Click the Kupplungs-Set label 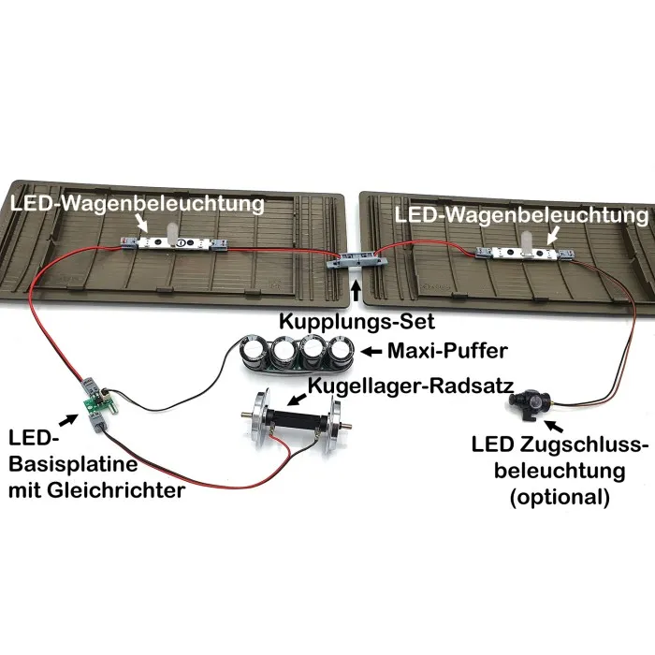point(357,322)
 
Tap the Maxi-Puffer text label point(447,351)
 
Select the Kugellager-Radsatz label point(411,386)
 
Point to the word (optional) point(560,497)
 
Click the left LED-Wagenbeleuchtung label point(138,205)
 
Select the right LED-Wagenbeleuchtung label point(521,215)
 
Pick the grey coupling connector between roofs point(357,261)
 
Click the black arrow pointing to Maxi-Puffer point(371,352)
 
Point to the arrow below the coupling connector point(356,292)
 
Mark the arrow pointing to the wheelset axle point(298,399)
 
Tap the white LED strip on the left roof point(174,242)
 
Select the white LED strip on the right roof point(525,253)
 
